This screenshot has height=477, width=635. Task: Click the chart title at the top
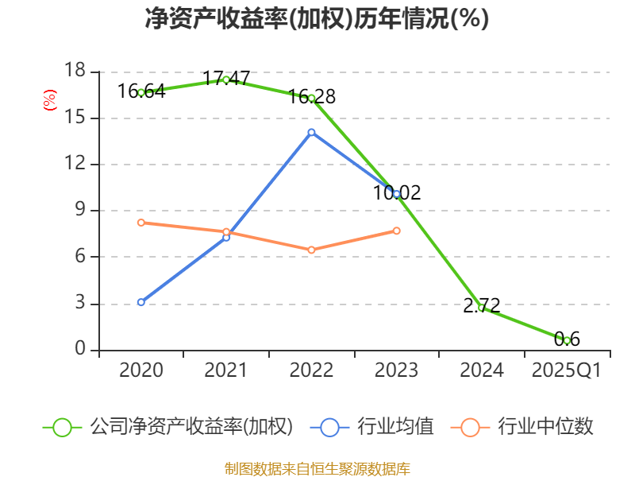pyautogui.click(x=317, y=19)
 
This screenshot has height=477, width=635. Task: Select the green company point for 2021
pyautogui.click(x=226, y=79)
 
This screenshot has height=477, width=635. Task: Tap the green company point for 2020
pyautogui.click(x=141, y=92)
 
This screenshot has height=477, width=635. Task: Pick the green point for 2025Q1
pyautogui.click(x=567, y=340)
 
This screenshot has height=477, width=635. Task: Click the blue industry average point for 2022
pyautogui.click(x=311, y=132)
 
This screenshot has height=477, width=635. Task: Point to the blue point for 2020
pyautogui.click(x=141, y=302)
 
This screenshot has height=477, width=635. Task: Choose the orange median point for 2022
pyautogui.click(x=311, y=250)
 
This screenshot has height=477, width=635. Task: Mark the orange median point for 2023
pyautogui.click(x=397, y=231)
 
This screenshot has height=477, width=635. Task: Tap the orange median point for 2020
pyautogui.click(x=141, y=223)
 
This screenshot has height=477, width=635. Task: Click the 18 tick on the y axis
pyautogui.click(x=75, y=72)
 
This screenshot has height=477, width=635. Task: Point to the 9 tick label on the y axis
pyautogui.click(x=79, y=211)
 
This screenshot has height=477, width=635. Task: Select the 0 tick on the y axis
pyautogui.click(x=79, y=349)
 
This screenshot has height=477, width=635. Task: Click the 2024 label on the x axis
pyautogui.click(x=482, y=370)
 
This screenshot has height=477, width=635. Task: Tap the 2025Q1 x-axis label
pyautogui.click(x=567, y=370)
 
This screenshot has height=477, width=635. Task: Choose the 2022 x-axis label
pyautogui.click(x=311, y=370)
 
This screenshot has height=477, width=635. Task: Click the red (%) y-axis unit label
pyautogui.click(x=50, y=101)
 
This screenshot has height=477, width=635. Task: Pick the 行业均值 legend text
pyautogui.click(x=396, y=427)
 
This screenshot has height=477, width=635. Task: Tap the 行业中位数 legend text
pyautogui.click(x=546, y=427)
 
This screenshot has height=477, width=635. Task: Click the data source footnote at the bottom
pyautogui.click(x=317, y=468)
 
